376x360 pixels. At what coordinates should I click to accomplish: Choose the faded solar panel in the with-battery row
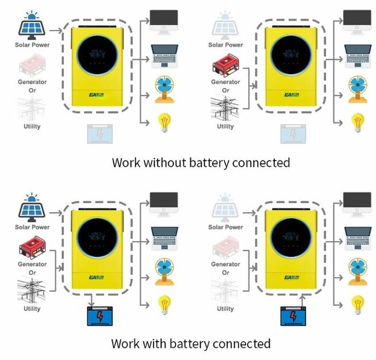click(x=225, y=208)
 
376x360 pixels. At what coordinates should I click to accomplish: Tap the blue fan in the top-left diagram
click(x=164, y=90)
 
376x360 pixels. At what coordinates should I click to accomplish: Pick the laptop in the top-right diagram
click(x=358, y=54)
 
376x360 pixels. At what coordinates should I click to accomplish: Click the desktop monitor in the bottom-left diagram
click(x=164, y=202)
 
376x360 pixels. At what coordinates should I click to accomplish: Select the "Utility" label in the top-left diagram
click(x=32, y=126)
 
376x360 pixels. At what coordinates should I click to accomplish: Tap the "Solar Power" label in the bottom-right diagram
click(x=225, y=227)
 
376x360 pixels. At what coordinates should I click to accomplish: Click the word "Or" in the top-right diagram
click(x=225, y=90)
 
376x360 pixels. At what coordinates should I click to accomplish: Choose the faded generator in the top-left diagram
click(x=32, y=64)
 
